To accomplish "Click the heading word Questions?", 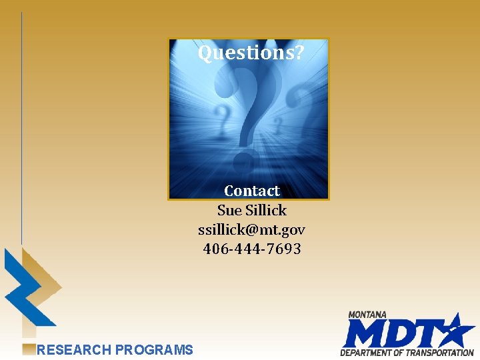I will (251, 52).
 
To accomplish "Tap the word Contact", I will (252, 191).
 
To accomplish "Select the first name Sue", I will (229, 210).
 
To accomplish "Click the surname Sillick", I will (266, 210).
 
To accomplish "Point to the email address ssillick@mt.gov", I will (252, 229).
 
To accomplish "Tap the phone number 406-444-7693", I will (252, 249).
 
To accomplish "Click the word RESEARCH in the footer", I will (74, 349).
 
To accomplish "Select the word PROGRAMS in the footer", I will (154, 349).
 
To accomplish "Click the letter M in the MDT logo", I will (363, 334).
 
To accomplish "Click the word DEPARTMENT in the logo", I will (367, 352).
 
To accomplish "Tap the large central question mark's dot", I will (246, 161).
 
